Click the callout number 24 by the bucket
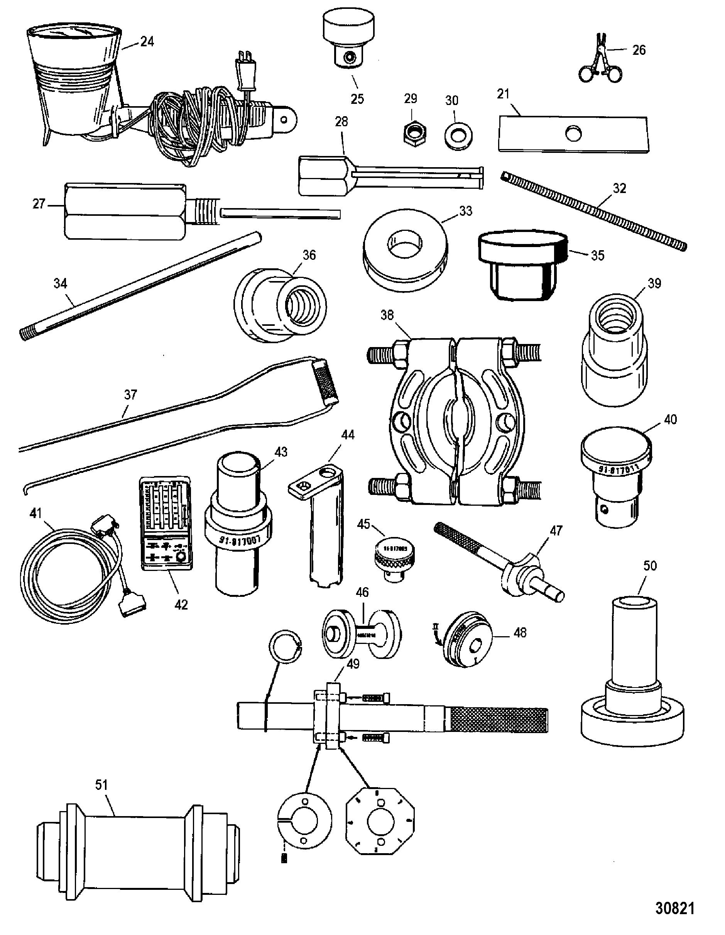click(x=147, y=42)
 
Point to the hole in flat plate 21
click(x=573, y=134)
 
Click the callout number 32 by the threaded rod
click(x=619, y=188)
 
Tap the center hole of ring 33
click(x=404, y=243)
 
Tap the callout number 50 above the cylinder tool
click(x=649, y=566)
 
